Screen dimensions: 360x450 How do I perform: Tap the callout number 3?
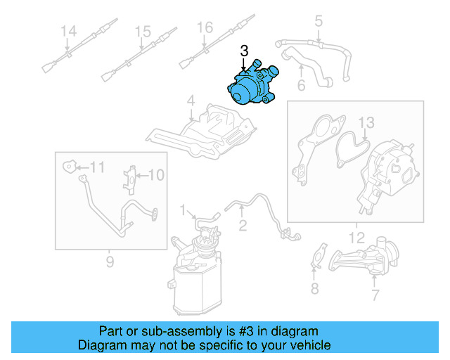pos(244,51)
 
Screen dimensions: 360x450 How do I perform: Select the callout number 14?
pos(67,31)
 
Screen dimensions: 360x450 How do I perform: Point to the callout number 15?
pos(143,31)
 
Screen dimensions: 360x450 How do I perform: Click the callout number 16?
pos(204,27)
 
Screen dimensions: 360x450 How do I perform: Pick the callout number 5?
pos(318,21)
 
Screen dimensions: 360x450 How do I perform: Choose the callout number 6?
pos(301,86)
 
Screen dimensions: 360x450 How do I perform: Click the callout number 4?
pos(191,103)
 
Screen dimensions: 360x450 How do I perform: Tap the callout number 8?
pos(314,288)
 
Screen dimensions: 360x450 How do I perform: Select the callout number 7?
pos(375,296)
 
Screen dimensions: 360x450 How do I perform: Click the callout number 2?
pos(243,226)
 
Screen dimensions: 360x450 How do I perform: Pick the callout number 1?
pos(184,210)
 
